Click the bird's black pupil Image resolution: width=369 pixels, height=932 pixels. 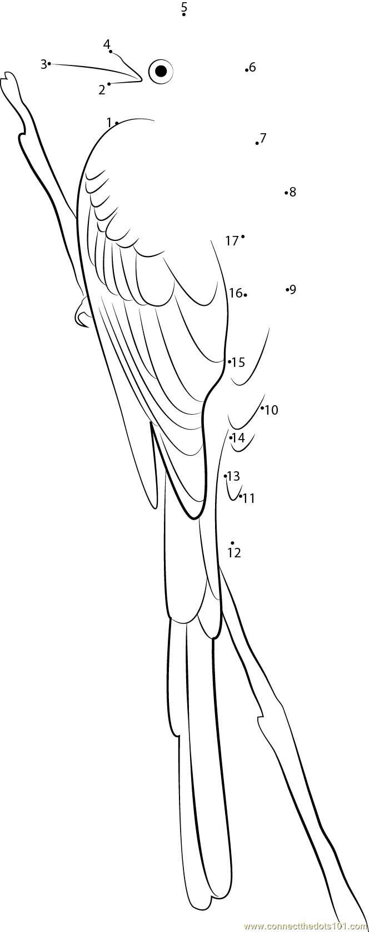coord(161,71)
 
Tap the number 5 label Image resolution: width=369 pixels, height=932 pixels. coord(184,7)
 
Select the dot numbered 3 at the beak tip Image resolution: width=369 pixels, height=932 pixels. coord(49,64)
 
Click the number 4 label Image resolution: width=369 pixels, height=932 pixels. coord(107,44)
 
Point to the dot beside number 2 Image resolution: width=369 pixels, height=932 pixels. coord(109,84)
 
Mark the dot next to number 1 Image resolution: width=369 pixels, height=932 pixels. coord(117,123)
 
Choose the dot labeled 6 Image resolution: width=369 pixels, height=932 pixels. coord(246,70)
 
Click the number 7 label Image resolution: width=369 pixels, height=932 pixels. coord(263,138)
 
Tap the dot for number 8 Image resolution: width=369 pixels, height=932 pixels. coord(286,193)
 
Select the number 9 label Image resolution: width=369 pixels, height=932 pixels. coord(293,289)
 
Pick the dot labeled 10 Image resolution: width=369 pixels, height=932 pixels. coord(262,408)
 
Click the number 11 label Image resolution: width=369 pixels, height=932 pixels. coord(249,498)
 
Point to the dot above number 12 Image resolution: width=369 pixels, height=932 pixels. coord(232,543)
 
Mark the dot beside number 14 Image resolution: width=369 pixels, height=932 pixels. coord(231,438)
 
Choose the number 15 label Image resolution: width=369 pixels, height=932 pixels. coord(238,362)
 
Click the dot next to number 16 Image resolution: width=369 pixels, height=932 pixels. coord(245,295)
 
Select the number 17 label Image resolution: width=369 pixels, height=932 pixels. coord(232,240)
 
